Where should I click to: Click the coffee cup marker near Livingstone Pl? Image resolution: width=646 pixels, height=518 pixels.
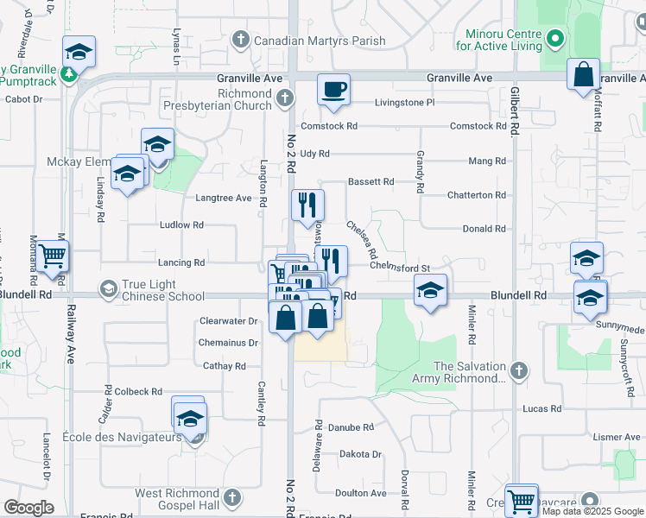coord(333,89)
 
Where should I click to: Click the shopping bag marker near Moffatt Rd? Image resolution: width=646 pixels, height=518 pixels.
coord(584,74)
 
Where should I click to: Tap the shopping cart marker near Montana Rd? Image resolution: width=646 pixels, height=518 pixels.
coord(53,256)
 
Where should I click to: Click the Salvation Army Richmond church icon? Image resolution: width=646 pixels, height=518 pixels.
coord(518,371)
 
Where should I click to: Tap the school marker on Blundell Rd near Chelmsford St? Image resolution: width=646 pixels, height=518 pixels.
coord(430,291)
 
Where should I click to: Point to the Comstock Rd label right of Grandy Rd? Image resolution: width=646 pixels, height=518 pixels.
coord(478,126)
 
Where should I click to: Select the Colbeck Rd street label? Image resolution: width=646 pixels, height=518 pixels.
coord(138,391)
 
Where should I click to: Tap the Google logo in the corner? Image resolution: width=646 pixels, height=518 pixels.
coord(28,508)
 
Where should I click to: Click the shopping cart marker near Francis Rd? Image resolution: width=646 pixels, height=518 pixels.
coord(522,500)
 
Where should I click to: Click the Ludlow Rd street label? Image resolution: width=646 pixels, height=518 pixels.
coord(181,224)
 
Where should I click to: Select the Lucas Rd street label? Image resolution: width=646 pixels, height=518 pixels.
coord(542,408)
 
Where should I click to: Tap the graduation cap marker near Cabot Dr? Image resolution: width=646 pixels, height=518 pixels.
coord(79,52)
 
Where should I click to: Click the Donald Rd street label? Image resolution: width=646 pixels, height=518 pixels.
coord(484,229)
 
